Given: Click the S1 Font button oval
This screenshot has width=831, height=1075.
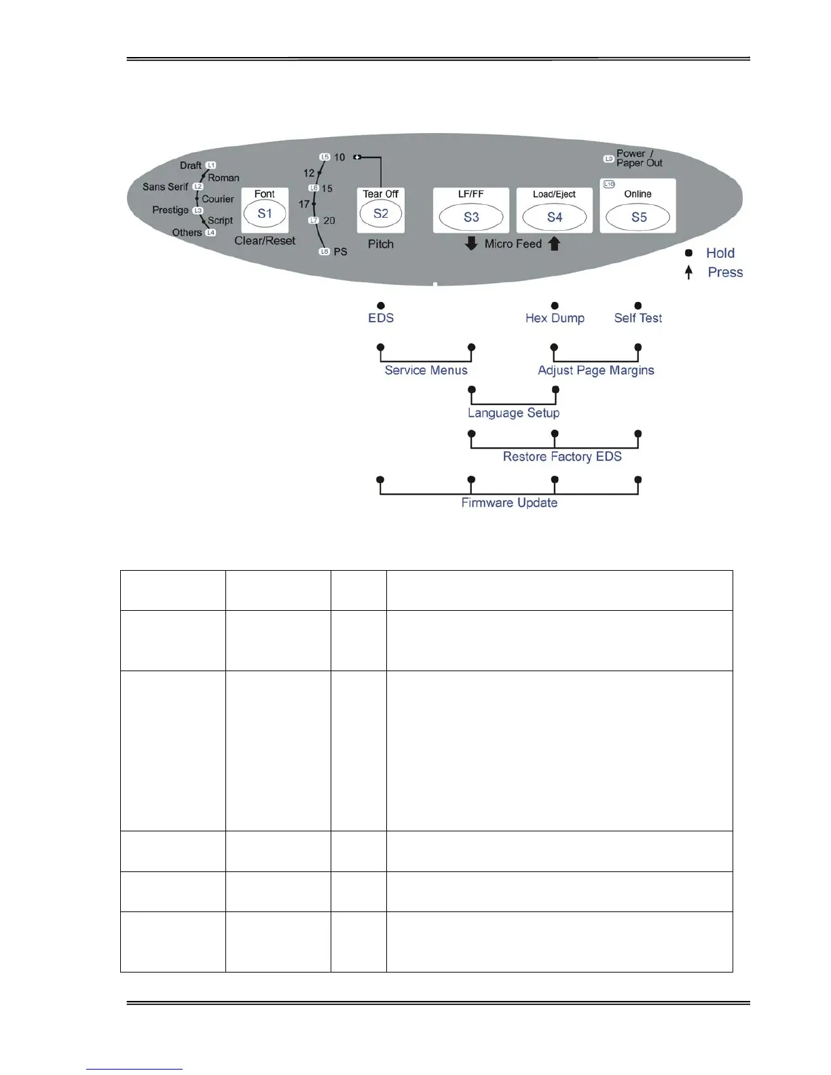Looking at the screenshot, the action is click(265, 214).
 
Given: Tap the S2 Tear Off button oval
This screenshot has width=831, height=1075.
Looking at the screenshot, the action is click(381, 214).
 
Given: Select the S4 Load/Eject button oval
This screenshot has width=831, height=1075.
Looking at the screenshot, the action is click(555, 217).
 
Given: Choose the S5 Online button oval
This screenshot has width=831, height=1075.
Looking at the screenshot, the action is click(638, 217).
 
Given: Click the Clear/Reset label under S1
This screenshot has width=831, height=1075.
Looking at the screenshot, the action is click(265, 241).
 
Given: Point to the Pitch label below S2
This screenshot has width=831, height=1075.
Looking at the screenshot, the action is click(381, 244).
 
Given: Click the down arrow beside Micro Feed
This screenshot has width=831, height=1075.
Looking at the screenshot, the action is click(471, 244).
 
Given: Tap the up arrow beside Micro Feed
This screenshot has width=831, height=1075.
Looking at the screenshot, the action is click(555, 244).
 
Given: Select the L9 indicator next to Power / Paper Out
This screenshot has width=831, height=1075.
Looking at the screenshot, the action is click(609, 159).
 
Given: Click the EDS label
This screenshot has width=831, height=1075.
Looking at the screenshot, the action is click(381, 318).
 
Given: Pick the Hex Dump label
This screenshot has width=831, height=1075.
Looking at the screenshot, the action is click(555, 318).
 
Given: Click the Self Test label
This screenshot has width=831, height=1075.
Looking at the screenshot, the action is click(638, 318).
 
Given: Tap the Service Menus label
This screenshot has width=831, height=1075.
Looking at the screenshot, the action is click(426, 371).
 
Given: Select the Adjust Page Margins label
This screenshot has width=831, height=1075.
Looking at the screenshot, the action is click(596, 371).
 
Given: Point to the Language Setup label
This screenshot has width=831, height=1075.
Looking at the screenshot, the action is click(513, 413).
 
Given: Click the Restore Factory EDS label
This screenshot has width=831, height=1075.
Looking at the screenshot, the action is click(562, 457).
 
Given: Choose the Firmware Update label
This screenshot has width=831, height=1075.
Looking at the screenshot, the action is click(509, 503).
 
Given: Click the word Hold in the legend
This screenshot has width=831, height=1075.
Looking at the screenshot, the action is click(720, 253).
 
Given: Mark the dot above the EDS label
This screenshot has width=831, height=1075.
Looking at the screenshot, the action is click(381, 306).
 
